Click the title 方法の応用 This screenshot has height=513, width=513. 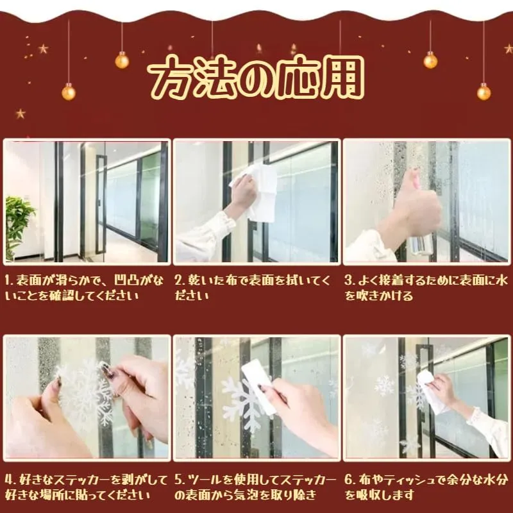[x=256, y=78]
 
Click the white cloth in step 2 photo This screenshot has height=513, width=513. [x=258, y=192]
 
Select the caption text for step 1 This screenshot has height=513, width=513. [x=84, y=288]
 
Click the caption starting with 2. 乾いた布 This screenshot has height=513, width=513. [x=253, y=288]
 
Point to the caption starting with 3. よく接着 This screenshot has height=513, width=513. [x=426, y=288]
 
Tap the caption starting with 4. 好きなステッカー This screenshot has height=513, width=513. [x=87, y=487]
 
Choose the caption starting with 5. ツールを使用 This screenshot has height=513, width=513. [x=255, y=487]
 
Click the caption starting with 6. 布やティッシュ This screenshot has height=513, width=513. [x=426, y=487]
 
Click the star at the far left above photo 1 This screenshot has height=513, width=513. [x=21, y=114]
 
